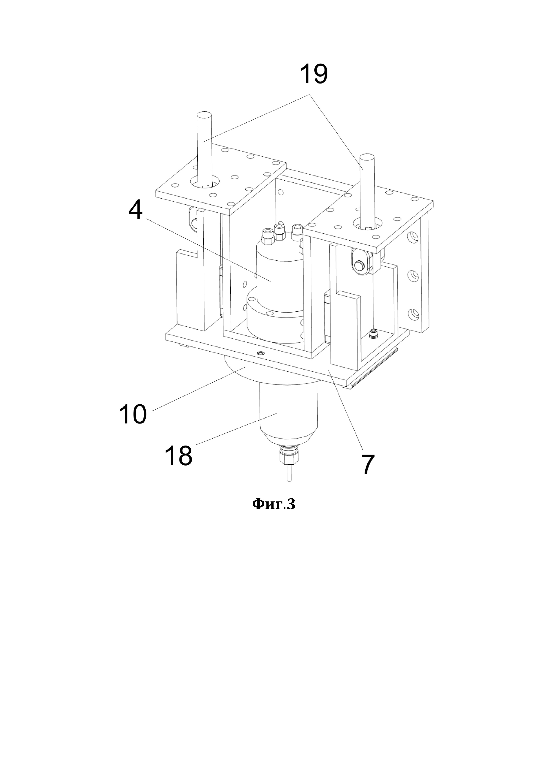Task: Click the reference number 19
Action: [x=314, y=75]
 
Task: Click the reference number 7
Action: [x=368, y=464]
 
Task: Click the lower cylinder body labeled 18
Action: [x=288, y=412]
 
